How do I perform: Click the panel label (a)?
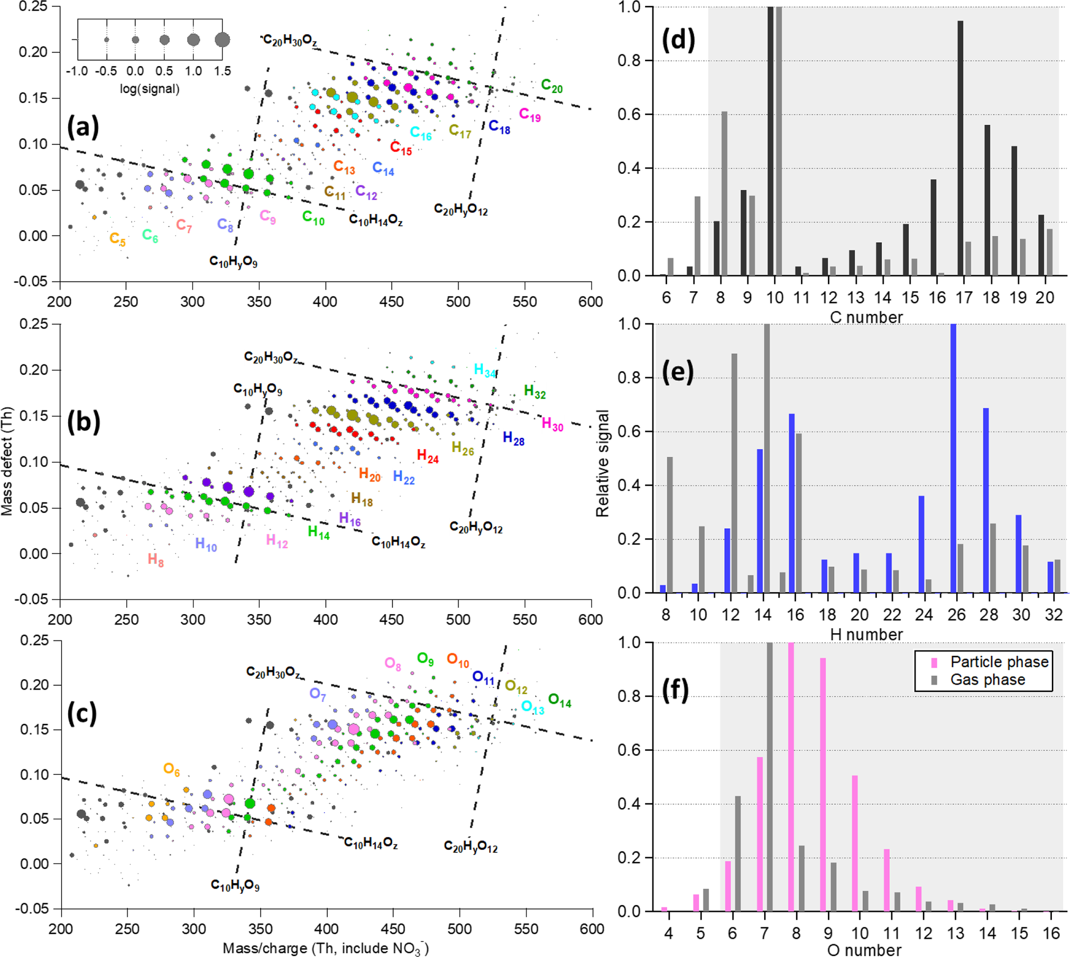[x=83, y=127]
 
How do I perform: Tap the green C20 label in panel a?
[x=551, y=86]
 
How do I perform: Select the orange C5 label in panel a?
[x=118, y=239]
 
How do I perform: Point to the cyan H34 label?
[x=485, y=371]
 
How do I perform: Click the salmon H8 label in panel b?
[x=155, y=560]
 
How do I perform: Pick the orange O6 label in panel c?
[x=171, y=769]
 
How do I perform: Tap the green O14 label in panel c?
[x=559, y=700]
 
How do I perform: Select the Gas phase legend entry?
[x=987, y=680]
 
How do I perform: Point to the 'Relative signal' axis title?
[x=602, y=463]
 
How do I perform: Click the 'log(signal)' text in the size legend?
[x=150, y=89]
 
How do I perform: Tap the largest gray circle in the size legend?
[x=223, y=39]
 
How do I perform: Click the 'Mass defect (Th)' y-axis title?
[x=7, y=460]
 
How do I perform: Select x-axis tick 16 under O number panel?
[x=1050, y=933]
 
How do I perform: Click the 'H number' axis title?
[x=866, y=635]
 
